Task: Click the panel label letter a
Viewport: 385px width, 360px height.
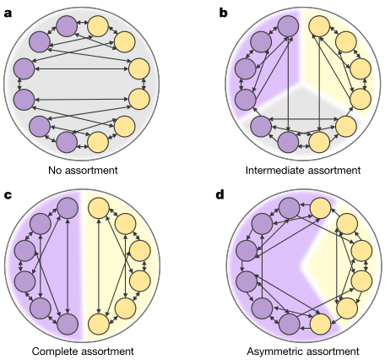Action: click(x=8, y=14)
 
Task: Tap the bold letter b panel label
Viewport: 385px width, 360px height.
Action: click(x=223, y=13)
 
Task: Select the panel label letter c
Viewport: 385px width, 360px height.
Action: click(x=8, y=195)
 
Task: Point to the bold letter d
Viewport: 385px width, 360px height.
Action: click(x=220, y=194)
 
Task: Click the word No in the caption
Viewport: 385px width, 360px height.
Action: click(x=55, y=170)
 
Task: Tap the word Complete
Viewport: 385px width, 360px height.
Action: click(x=55, y=352)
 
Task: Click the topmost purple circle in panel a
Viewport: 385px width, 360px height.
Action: click(x=67, y=26)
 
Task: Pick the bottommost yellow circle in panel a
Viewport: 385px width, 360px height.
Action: click(x=98, y=142)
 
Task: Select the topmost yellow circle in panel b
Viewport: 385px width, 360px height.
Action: click(x=319, y=26)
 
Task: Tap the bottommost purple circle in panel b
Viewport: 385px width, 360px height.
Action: click(x=288, y=142)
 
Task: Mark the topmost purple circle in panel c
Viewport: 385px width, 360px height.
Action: click(x=68, y=208)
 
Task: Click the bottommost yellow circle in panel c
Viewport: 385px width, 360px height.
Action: click(x=99, y=324)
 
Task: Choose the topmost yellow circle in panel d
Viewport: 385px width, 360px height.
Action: click(x=320, y=208)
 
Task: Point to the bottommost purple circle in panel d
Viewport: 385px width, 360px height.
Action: click(x=290, y=324)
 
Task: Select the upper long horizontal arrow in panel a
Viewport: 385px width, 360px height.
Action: click(x=81, y=69)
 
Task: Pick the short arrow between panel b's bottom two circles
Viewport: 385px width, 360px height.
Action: click(x=304, y=146)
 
